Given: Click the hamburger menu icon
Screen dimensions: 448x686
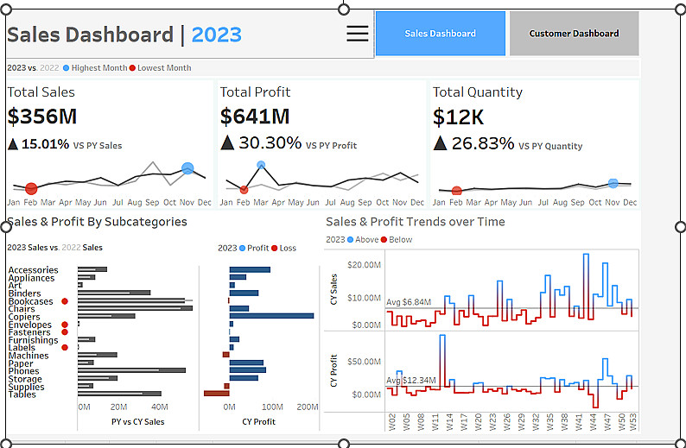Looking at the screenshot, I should (x=357, y=34).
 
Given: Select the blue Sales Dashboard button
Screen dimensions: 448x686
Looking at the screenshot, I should (x=440, y=34).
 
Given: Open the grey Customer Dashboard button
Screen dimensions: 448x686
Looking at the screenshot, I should (x=574, y=34).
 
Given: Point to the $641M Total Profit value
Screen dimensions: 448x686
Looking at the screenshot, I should (x=254, y=117).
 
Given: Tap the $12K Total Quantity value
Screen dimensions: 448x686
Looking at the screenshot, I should (x=458, y=117).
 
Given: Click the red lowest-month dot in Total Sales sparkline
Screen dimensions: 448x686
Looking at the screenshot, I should (x=31, y=188).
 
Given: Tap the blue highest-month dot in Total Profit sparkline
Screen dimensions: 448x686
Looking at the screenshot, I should (x=261, y=165).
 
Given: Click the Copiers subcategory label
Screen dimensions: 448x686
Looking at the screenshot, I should (x=24, y=317).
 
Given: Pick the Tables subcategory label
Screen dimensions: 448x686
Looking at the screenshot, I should (x=22, y=394).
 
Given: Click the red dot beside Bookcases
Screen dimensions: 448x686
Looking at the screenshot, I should (x=65, y=301).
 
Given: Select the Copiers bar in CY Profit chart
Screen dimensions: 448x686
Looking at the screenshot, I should (x=271, y=316).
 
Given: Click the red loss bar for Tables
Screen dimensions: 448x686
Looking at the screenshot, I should (x=216, y=393).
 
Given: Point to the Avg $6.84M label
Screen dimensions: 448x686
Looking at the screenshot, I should (x=409, y=303).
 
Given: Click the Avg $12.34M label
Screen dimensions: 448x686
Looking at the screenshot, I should (x=411, y=381).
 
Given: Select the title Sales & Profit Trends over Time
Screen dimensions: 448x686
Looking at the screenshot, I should (x=416, y=222).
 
